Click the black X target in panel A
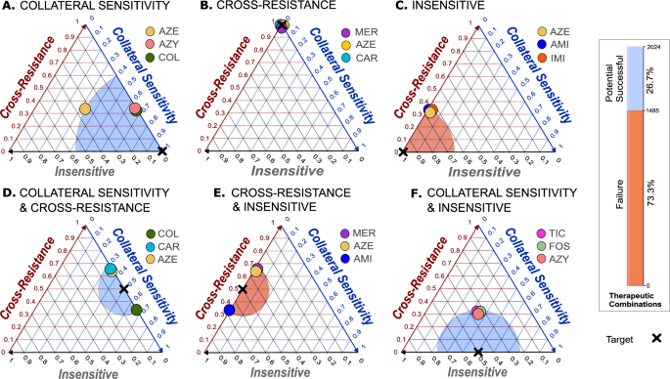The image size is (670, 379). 162,150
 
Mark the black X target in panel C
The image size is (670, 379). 402,151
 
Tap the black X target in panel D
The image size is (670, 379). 123,289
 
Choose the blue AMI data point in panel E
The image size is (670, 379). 229,310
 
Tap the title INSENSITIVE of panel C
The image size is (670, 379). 464,11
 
